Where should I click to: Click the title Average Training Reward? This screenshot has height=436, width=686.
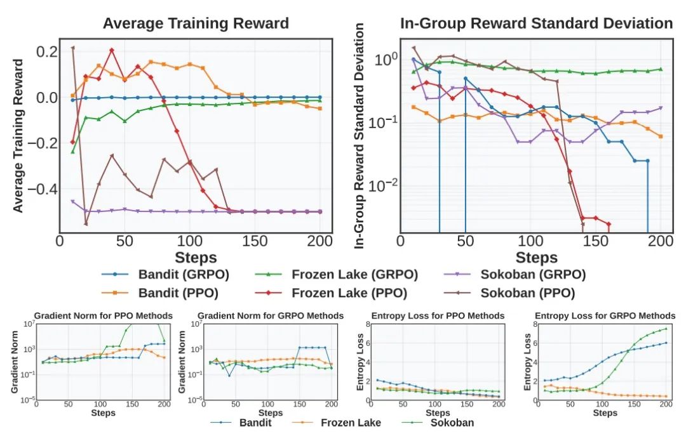click(x=196, y=23)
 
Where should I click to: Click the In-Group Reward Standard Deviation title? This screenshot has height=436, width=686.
click(x=536, y=23)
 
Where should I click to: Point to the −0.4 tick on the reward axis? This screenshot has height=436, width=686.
click(x=39, y=189)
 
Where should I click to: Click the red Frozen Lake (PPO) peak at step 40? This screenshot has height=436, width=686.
click(x=112, y=50)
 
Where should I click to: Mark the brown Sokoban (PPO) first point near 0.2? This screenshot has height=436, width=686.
click(x=73, y=48)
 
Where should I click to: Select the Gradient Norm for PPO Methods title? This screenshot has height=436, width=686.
click(x=103, y=315)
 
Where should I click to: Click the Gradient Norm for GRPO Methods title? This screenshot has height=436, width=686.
click(x=271, y=315)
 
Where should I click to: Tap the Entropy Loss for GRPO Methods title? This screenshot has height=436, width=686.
click(x=605, y=315)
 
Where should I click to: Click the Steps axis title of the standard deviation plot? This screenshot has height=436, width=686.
click(x=536, y=257)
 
